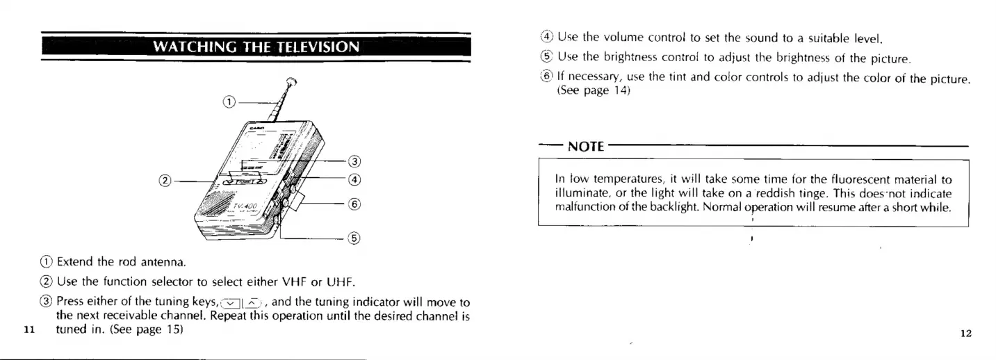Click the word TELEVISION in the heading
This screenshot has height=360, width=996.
coord(322,48)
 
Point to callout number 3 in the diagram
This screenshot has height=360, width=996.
coord(353,163)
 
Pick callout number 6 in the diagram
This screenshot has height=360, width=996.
coord(353,204)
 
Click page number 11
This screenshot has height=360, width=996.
coord(28,330)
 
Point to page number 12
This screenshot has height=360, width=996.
coord(965,333)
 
